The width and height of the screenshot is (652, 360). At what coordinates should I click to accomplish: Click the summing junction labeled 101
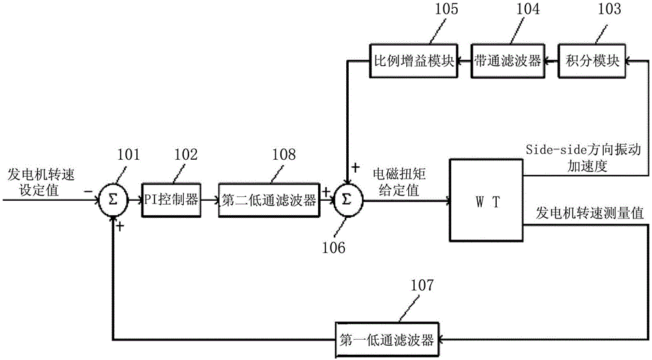point(113,201)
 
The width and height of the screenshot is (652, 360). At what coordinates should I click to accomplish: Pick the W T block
point(486,201)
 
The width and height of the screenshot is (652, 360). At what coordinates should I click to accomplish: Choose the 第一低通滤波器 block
point(387,339)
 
